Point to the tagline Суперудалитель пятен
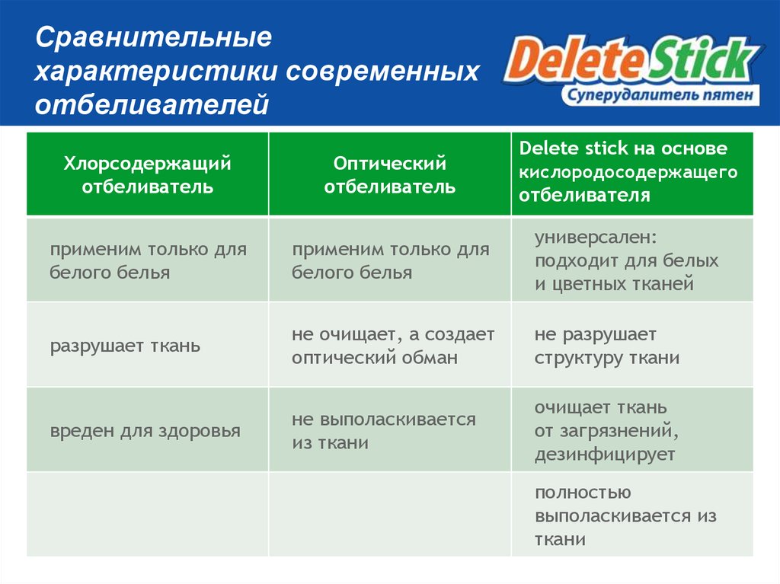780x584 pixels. [x=660, y=94]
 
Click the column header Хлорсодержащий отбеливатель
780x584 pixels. [x=147, y=174]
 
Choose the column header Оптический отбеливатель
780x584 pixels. [x=389, y=174]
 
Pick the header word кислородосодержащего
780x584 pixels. [x=628, y=171]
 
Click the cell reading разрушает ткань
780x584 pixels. [x=126, y=346]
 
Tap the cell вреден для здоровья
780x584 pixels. [x=145, y=431]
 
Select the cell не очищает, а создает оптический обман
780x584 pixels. [x=393, y=346]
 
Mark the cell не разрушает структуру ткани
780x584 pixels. [x=606, y=346]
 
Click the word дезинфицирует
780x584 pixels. [x=604, y=455]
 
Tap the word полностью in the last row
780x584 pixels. [x=582, y=493]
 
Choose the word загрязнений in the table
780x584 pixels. [x=616, y=432]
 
